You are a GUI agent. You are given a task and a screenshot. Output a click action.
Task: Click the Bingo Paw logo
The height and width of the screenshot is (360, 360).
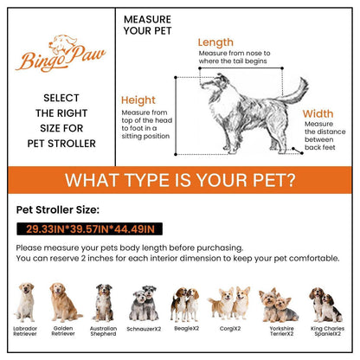[x=61, y=54]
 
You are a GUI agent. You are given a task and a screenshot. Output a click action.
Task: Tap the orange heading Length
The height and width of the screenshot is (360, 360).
[x=215, y=42]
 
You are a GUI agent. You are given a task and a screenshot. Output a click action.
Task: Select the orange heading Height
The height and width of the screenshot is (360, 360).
[x=138, y=100]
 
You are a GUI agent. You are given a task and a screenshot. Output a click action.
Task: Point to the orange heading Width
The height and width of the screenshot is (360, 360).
[x=318, y=113]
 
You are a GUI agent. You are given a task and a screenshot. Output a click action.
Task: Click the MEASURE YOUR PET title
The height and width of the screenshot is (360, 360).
[x=147, y=25]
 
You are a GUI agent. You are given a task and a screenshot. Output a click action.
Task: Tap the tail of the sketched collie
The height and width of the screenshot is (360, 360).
[x=294, y=91]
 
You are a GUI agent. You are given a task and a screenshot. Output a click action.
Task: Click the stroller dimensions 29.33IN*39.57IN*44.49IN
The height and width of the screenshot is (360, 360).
[x=90, y=229]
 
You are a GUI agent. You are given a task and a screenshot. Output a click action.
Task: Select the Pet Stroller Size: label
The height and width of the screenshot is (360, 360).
[x=58, y=209]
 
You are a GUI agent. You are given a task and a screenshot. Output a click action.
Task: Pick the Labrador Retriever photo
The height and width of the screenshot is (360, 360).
[x=25, y=302]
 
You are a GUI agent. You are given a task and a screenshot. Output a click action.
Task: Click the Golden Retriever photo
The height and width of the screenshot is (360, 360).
[x=64, y=302]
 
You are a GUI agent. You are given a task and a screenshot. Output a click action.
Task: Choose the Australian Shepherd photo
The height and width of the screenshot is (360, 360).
[x=103, y=303]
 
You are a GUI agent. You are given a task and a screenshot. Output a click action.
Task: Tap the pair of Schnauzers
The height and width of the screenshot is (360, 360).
[x=145, y=304]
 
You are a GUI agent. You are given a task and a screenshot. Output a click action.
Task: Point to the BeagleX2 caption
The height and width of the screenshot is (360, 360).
[x=187, y=328]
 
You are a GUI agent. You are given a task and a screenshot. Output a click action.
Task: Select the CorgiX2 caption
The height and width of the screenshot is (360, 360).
[x=230, y=329]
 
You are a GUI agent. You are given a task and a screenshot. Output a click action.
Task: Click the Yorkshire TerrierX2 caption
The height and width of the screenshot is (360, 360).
[x=281, y=331]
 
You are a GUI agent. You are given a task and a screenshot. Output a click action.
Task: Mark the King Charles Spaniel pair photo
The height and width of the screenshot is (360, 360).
[x=325, y=305]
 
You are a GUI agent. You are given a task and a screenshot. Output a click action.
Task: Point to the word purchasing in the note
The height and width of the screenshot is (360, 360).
[x=220, y=248]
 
